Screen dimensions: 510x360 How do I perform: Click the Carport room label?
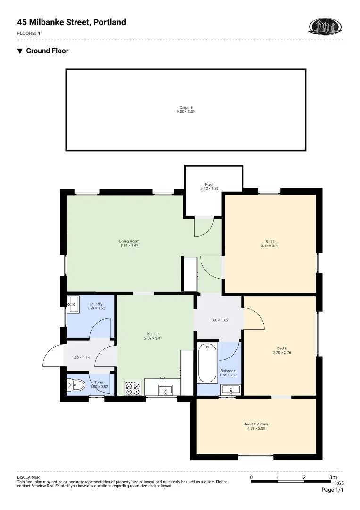(185, 107)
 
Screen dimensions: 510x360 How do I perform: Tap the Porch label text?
(209, 185)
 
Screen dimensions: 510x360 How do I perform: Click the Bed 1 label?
(270, 241)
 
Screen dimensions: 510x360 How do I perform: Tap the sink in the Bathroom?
(231, 390)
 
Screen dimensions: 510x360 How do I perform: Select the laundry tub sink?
(73, 305)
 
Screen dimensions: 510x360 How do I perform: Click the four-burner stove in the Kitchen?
(133, 388)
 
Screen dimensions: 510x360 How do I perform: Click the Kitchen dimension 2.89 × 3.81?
(153, 338)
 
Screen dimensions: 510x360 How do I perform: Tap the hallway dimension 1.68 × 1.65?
(219, 320)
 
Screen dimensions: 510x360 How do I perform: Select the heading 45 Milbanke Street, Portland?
(72, 22)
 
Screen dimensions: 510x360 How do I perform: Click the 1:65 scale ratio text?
(339, 483)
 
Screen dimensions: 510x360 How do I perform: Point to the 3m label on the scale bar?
(333, 477)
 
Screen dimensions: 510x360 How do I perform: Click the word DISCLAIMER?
(28, 477)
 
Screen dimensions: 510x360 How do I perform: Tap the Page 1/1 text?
(333, 490)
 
